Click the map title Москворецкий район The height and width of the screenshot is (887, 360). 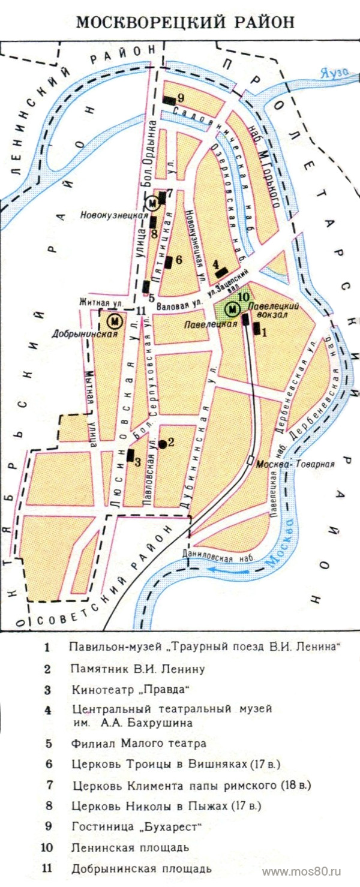(185, 22)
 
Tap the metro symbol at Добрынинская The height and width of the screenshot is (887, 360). (112, 321)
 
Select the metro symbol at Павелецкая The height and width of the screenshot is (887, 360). (232, 309)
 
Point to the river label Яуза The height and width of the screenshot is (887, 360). (334, 73)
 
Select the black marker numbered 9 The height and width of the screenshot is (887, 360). (169, 100)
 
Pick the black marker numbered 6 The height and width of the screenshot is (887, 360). (169, 261)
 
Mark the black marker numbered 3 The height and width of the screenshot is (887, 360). (130, 455)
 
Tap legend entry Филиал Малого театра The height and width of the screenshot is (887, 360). (138, 743)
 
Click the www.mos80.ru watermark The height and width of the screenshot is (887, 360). (310, 870)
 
